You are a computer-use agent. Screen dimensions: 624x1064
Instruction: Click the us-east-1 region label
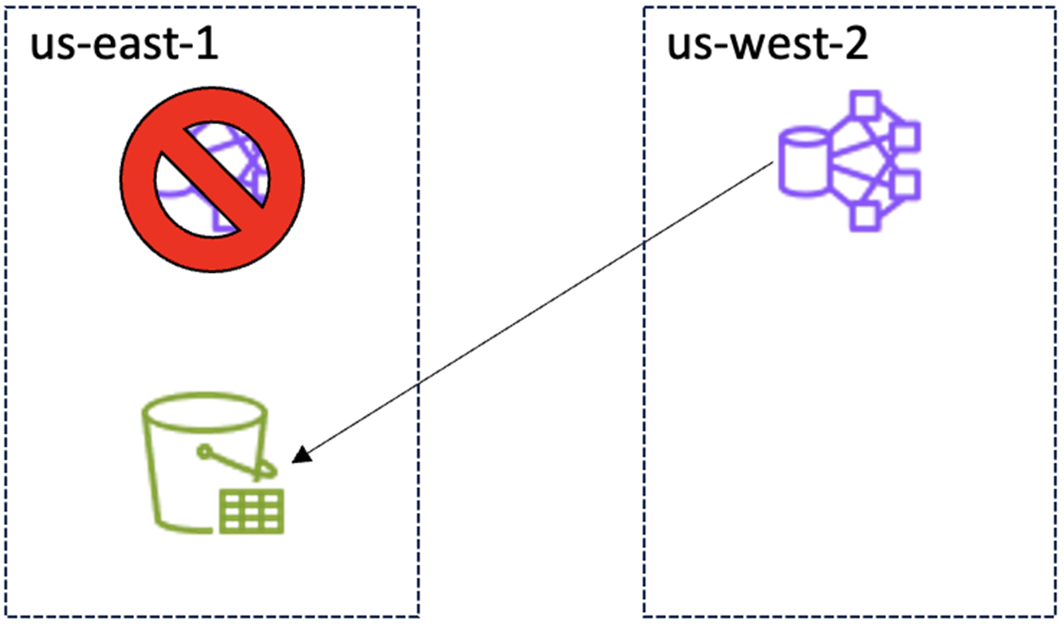(x=124, y=45)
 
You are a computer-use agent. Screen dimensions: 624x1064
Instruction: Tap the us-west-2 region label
(x=767, y=45)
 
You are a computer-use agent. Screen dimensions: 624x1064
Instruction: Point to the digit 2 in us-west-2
(x=855, y=45)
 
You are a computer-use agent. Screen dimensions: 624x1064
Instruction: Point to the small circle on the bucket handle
(x=205, y=453)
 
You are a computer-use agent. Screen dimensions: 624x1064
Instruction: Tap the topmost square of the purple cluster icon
(x=865, y=103)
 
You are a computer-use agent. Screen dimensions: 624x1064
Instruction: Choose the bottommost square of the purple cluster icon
(x=865, y=217)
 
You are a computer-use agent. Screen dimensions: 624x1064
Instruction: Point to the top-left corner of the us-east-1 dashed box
(x=7, y=8)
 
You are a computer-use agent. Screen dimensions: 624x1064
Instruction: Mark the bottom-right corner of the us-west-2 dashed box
(x=1057, y=615)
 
